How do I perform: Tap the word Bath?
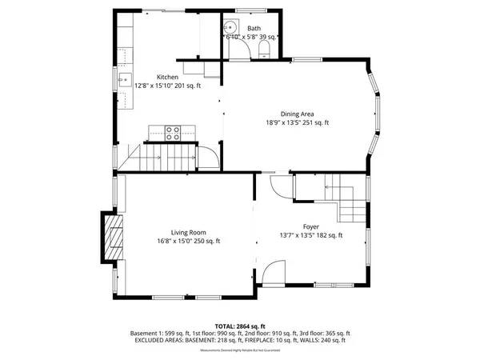point(254,28)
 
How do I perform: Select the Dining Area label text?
point(292,114)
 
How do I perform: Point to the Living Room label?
point(188,232)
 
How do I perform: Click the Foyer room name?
point(310,226)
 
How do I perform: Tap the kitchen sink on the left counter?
point(126,78)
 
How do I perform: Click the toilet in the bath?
point(264,50)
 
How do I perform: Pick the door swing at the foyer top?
point(281,188)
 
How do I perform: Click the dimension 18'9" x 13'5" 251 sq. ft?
point(292,122)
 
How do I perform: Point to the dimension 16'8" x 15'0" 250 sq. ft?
point(188,241)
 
